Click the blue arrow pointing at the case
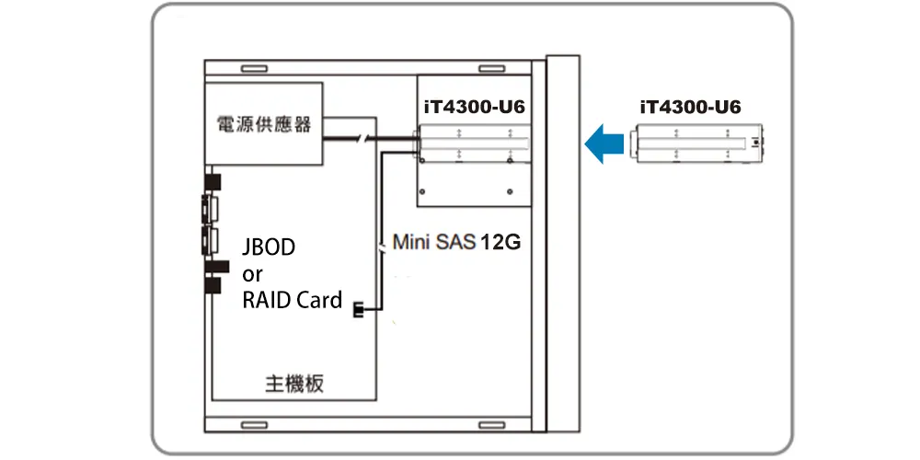tap(604, 144)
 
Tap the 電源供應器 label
tap(264, 124)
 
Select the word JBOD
tap(269, 247)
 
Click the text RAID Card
tap(293, 301)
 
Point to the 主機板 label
tap(294, 385)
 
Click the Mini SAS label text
tap(433, 242)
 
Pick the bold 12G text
tap(500, 242)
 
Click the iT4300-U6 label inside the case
tap(475, 108)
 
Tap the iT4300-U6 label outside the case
tap(691, 108)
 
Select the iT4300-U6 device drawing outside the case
tap(696, 144)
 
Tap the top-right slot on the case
tap(491, 69)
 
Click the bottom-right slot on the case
tap(491, 425)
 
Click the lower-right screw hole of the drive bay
tap(510, 190)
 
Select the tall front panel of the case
tap(563, 244)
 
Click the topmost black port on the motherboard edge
tap(213, 181)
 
